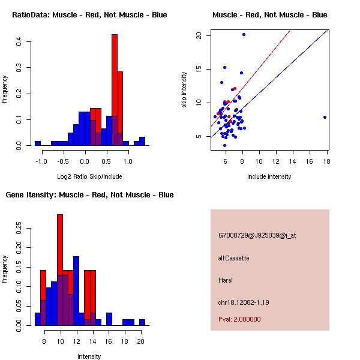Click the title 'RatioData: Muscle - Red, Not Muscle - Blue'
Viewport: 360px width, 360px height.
tap(89, 14)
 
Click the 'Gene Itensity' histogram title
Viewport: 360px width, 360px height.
tap(89, 195)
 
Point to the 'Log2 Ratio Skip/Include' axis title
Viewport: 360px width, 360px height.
tap(89, 176)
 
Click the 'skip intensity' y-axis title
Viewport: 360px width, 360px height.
tap(184, 90)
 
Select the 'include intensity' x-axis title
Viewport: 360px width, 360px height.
tap(269, 176)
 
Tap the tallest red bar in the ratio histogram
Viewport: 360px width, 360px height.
tap(115, 90)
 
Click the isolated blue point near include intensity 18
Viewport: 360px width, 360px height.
tap(325, 117)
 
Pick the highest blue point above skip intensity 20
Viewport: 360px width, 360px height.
tap(244, 34)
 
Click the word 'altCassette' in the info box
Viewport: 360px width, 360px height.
tap(233, 258)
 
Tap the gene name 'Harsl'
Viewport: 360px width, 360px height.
tap(226, 280)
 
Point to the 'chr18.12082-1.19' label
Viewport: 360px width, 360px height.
tap(244, 302)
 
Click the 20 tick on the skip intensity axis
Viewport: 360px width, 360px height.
tap(198, 35)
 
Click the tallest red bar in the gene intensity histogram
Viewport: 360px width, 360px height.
tap(60, 270)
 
